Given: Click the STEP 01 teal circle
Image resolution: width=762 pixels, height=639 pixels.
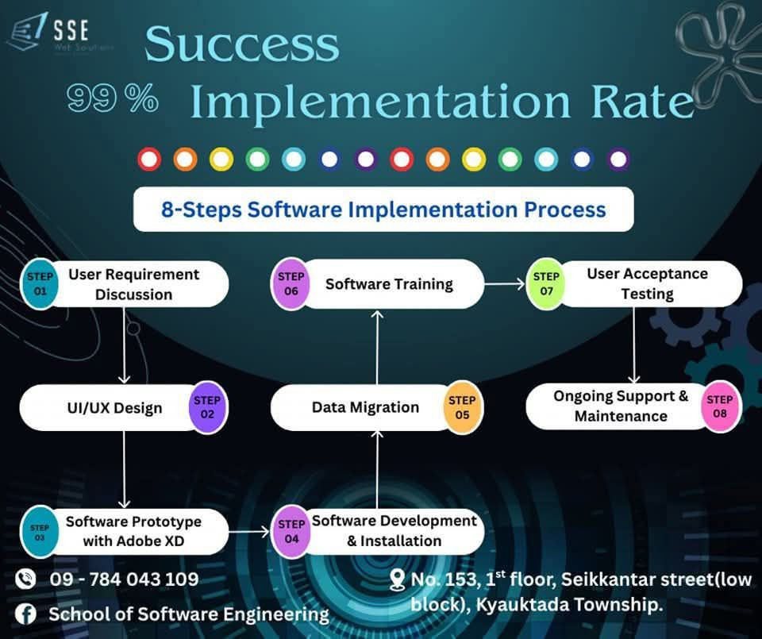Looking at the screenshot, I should coord(40,284).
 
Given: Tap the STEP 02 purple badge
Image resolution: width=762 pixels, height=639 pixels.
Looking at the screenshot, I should coord(208,408).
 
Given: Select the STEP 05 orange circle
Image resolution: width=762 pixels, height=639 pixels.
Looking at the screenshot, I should coord(462,408).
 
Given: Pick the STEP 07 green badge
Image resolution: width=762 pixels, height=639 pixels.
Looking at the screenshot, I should coord(546,284).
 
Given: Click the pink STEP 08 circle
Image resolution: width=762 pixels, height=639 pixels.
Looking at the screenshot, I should coord(720,407).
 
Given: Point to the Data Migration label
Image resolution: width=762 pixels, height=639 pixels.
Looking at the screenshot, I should coord(365,408).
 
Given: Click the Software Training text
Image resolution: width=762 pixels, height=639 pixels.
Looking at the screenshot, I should coord(389,284).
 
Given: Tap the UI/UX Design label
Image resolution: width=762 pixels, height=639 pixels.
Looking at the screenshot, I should coord(115,409).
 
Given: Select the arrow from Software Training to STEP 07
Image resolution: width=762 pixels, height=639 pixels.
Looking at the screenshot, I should coord(505,283).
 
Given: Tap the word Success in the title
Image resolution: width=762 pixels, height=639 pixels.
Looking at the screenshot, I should coord(241,44).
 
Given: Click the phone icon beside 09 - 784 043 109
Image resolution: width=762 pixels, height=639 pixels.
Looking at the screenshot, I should coord(25,579).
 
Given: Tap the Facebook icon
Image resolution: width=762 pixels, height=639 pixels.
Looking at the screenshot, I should coord(25,614).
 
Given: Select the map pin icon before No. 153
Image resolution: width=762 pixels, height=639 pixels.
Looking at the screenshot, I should coord(398,580).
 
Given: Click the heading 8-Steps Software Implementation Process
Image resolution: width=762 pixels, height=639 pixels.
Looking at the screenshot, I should coord(383,210).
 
